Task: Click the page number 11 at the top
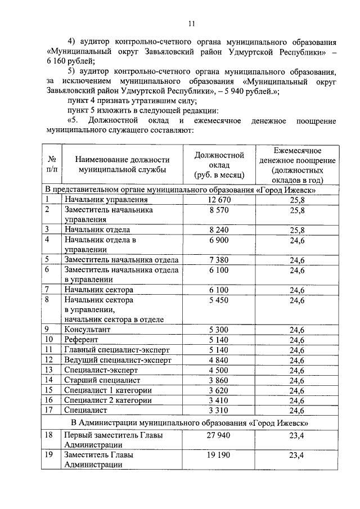[191, 24]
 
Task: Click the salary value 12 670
[219, 200]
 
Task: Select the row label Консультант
[87, 329]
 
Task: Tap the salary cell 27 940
[219, 435]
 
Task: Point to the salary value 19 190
[219, 456]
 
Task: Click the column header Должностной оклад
[219, 165]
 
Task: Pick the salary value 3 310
[219, 411]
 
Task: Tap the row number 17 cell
[49, 411]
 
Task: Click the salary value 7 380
[219, 260]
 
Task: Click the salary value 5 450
[219, 301]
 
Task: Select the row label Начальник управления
[106, 200]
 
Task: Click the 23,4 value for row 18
[296, 435]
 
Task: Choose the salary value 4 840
[219, 360]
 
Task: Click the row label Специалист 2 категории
[107, 401]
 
